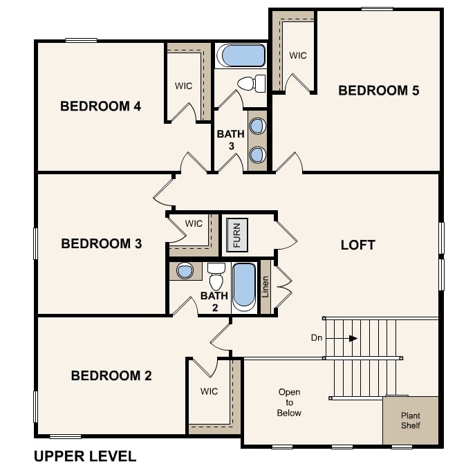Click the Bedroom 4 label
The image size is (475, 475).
click(x=100, y=106)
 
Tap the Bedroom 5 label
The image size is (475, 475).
click(x=378, y=90)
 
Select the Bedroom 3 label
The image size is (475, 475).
click(x=101, y=243)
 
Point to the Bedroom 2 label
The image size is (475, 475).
click(x=111, y=375)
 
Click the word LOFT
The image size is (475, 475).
click(x=358, y=245)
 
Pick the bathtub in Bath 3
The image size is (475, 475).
click(x=240, y=55)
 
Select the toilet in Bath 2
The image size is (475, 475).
click(x=216, y=278)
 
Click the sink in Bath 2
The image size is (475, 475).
click(x=185, y=271)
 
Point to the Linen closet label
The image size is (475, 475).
click(x=266, y=286)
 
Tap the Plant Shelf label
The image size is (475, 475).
click(x=411, y=420)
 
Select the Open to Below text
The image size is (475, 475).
click(x=289, y=402)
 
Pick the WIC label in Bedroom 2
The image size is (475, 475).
click(x=209, y=391)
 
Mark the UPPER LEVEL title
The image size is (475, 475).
click(x=85, y=456)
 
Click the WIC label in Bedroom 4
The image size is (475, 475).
click(x=183, y=86)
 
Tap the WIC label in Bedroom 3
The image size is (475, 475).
click(x=194, y=223)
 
